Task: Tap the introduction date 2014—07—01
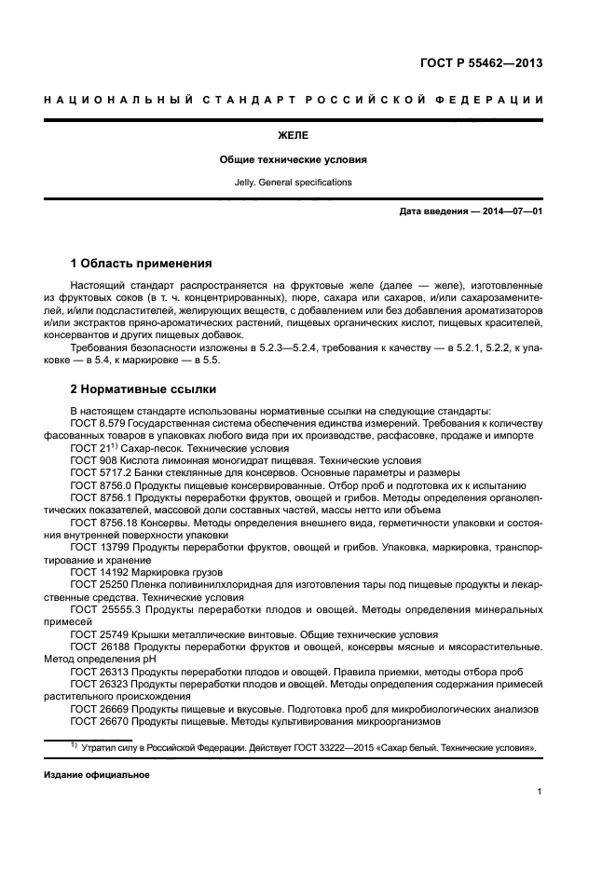pyautogui.click(x=511, y=211)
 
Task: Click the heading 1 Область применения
pyautogui.click(x=141, y=263)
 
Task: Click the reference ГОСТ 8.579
pyautogui.click(x=98, y=423)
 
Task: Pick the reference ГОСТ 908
pyautogui.click(x=93, y=460)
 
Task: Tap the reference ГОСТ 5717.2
pyautogui.click(x=98, y=472)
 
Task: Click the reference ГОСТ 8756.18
pyautogui.click(x=101, y=523)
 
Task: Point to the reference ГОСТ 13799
pyautogui.click(x=98, y=548)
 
